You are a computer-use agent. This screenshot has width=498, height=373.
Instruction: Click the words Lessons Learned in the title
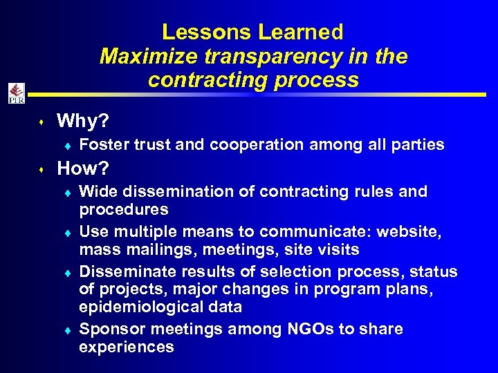click(252, 32)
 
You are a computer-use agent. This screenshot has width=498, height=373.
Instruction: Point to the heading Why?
click(82, 122)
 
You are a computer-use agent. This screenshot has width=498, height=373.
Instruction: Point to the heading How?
click(82, 169)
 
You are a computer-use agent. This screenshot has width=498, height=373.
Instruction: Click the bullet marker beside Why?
click(42, 123)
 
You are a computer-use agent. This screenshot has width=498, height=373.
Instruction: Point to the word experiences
click(127, 347)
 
